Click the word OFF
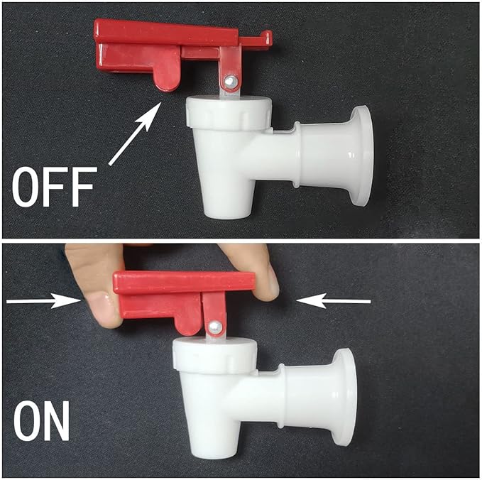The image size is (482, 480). [x=54, y=186]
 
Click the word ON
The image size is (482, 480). [x=42, y=422]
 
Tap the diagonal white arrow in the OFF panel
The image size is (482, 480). [x=135, y=133]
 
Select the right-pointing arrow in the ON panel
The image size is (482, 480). [x=43, y=302]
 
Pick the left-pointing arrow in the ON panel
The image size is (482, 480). [x=334, y=302]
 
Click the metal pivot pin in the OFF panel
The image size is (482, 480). [x=229, y=82]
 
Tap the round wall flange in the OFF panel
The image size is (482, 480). [x=361, y=154]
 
